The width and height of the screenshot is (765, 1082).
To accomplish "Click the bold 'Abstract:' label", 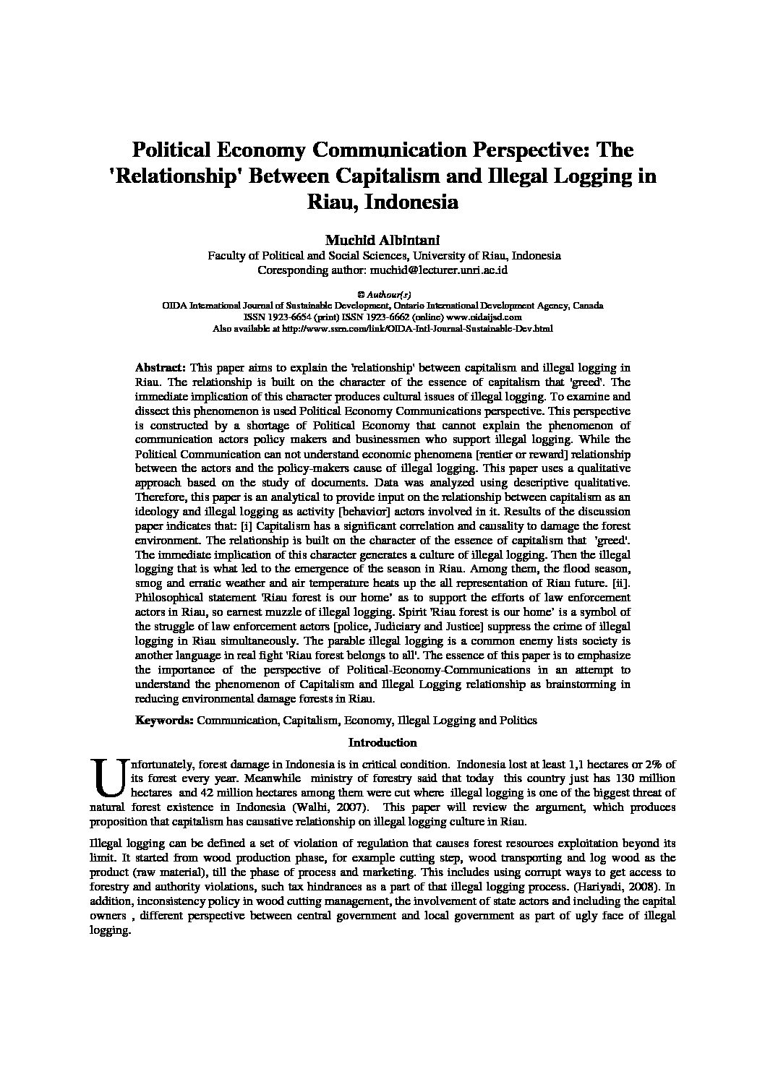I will (161, 367).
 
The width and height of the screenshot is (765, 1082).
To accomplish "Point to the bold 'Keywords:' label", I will (164, 720).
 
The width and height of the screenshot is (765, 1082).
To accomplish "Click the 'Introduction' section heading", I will (382, 742).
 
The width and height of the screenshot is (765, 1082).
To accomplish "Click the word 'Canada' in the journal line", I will (589, 305).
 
